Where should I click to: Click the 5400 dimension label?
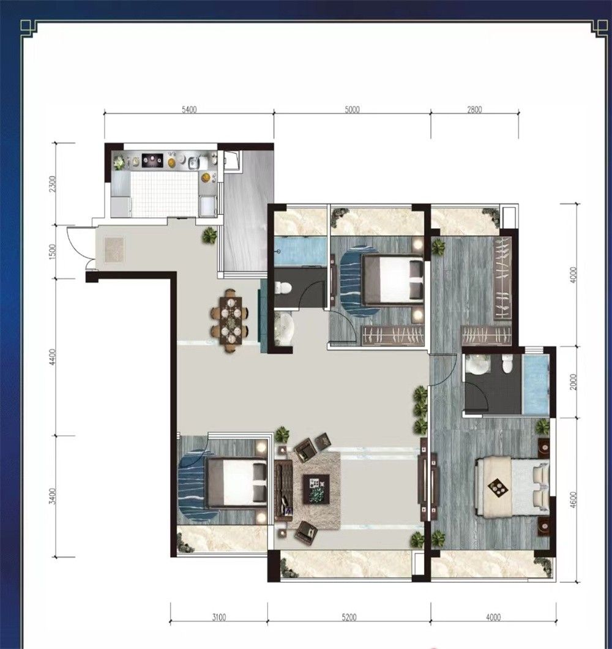(x=189, y=110)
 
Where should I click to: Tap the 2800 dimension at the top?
(x=475, y=110)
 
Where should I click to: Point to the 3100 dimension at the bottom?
(x=219, y=618)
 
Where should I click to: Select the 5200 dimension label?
(x=349, y=618)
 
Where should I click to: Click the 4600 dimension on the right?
(x=573, y=499)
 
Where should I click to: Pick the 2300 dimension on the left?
(x=52, y=183)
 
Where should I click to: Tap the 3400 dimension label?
(x=52, y=496)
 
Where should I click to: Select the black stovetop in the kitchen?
(x=152, y=160)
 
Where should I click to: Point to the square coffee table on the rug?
(x=316, y=489)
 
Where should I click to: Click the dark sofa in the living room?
(x=283, y=489)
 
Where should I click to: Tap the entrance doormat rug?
(x=114, y=250)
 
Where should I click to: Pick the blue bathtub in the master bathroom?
(x=536, y=385)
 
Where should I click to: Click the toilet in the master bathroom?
(x=507, y=364)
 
